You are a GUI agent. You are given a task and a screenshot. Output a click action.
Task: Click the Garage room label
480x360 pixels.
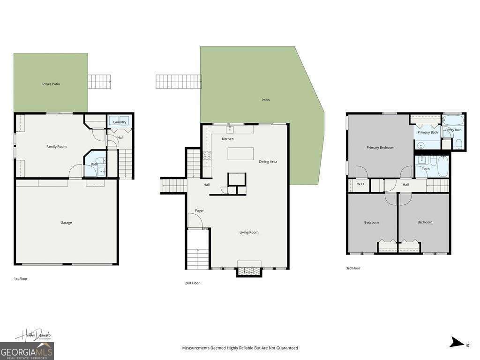coord(66,223)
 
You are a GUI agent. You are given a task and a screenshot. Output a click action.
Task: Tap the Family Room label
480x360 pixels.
coord(56,147)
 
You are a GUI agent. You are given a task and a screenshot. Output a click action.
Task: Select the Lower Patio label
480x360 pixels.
coord(51,84)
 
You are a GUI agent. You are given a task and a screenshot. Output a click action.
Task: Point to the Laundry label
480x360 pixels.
coord(120,122)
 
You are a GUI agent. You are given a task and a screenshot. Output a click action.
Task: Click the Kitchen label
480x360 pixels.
coord(228,139)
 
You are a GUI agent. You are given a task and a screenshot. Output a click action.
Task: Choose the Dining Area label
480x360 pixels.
coord(268,162)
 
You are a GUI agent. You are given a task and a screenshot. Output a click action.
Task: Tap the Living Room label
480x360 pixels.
coord(249,232)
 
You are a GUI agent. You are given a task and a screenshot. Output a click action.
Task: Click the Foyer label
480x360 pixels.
coord(200,211)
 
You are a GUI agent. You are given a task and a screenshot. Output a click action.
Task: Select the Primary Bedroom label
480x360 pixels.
coord(380,148)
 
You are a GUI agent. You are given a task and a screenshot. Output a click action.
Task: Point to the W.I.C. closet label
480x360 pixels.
coord(361,184)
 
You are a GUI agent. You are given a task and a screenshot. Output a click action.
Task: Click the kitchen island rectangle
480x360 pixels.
coord(240,154)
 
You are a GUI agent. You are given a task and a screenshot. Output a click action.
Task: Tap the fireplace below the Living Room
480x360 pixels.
coord(249,271)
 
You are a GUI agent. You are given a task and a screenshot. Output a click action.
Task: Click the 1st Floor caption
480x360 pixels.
coord(21,279)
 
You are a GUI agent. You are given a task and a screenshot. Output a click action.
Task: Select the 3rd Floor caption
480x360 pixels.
coord(353,269)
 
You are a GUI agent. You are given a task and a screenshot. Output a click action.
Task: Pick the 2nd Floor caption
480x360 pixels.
coord(192,283)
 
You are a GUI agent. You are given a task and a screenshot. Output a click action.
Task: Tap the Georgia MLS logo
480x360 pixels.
coord(27,351)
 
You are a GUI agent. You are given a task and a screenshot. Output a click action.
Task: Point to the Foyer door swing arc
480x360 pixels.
coord(195,220)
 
